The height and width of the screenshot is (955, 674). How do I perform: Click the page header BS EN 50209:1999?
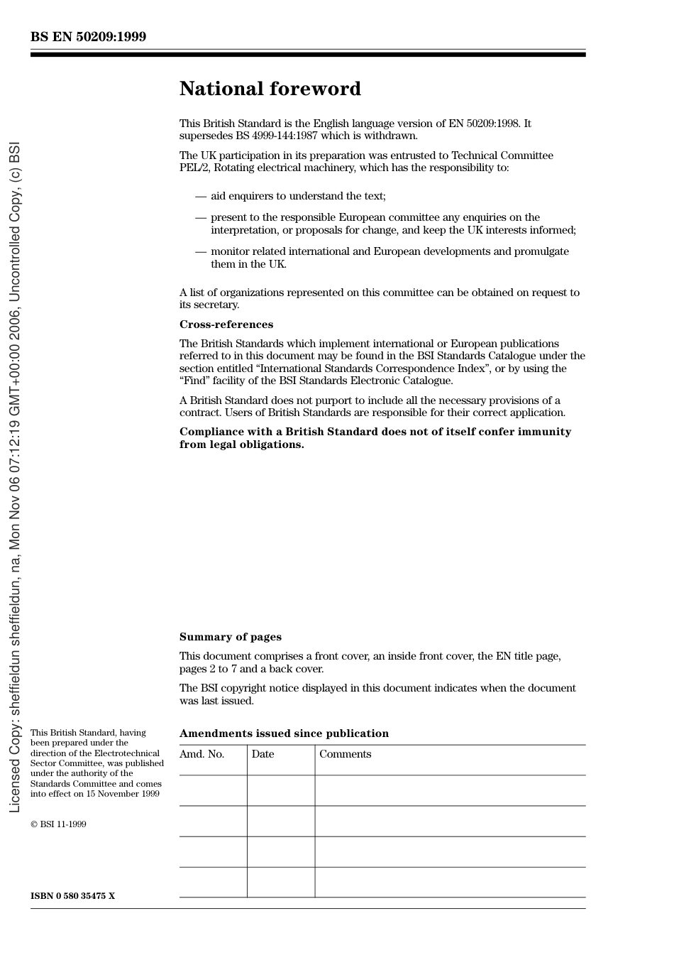[x=88, y=37]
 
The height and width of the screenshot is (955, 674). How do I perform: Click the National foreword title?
[x=270, y=89]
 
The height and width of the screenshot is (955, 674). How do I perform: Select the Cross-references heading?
[x=226, y=324]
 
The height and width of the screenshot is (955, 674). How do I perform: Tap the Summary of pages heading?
[x=230, y=637]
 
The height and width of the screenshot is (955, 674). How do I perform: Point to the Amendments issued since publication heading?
[x=284, y=733]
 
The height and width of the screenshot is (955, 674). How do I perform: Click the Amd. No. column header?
[x=201, y=754]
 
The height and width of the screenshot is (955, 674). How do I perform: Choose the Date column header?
[x=263, y=754]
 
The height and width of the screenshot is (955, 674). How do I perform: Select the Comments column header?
[x=345, y=754]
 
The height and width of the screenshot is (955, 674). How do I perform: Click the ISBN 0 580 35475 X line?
[x=72, y=896]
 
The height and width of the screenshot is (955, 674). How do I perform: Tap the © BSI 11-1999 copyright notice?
[x=58, y=824]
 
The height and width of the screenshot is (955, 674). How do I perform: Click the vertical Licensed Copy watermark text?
[x=14, y=477]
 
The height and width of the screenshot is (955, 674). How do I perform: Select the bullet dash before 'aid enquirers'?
[x=200, y=196]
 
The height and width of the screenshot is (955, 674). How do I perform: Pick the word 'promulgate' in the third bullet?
[x=543, y=251]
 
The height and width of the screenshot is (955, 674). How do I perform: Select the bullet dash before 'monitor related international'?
[x=200, y=251]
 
